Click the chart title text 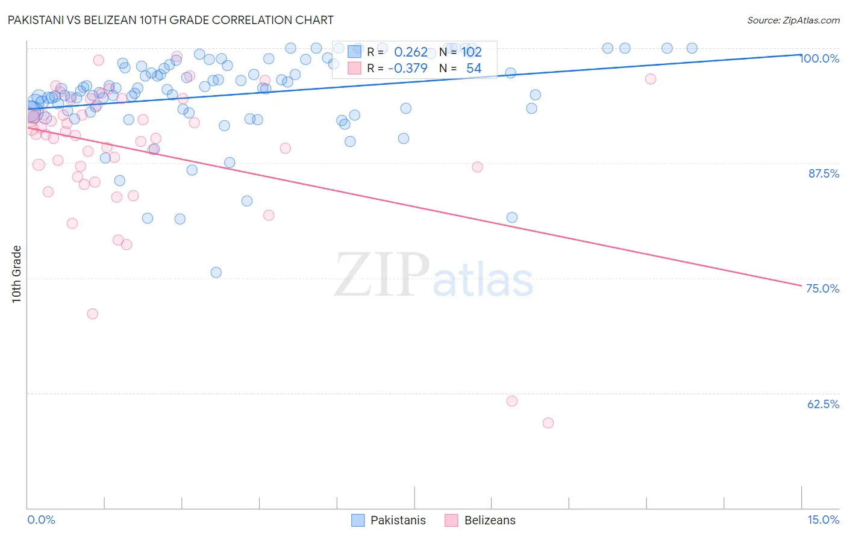pyautogui.click(x=170, y=20)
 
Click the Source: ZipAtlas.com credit pyautogui.click(x=793, y=20)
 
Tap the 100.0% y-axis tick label pyautogui.click(x=819, y=58)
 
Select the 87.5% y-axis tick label pyautogui.click(x=824, y=173)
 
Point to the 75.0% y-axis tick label pyautogui.click(x=822, y=288)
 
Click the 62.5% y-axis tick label pyautogui.click(x=823, y=404)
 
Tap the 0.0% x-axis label pyautogui.click(x=41, y=520)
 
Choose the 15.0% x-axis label pyautogui.click(x=823, y=520)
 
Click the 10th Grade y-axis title pyautogui.click(x=17, y=274)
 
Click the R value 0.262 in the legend pyautogui.click(x=410, y=52)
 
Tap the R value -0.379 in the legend pyautogui.click(x=407, y=69)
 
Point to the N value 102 pyautogui.click(x=472, y=52)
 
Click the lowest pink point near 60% pyautogui.click(x=548, y=423)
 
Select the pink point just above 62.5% pyautogui.click(x=512, y=401)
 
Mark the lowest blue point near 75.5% pyautogui.click(x=216, y=272)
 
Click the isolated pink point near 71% pyautogui.click(x=93, y=314)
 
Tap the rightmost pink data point pyautogui.click(x=651, y=79)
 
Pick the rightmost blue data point pyautogui.click(x=692, y=48)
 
